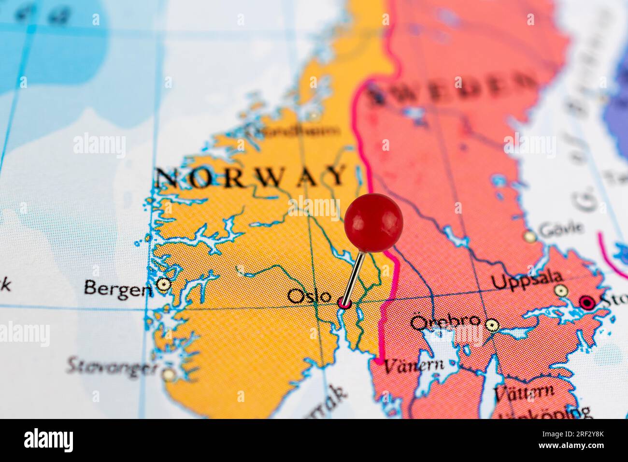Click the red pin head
(373, 222)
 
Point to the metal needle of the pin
(356, 275)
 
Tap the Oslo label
(309, 295)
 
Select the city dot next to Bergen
(164, 285)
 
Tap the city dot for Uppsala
(560, 290)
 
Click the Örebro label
(445, 321)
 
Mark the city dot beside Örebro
(491, 324)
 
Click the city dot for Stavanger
(169, 374)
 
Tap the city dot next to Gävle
(530, 237)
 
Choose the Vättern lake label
(524, 392)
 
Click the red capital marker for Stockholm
(587, 303)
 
